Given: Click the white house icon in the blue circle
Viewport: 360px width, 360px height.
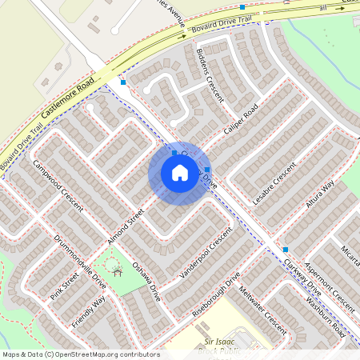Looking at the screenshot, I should coord(180,173).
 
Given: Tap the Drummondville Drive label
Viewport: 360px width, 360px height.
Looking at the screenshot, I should coord(80,261).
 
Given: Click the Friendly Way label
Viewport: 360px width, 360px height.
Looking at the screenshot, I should coord(89,311).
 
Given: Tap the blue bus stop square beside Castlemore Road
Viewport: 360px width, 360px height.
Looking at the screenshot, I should coord(123,82).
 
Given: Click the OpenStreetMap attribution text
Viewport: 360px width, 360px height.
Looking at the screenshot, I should coord(80,354).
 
